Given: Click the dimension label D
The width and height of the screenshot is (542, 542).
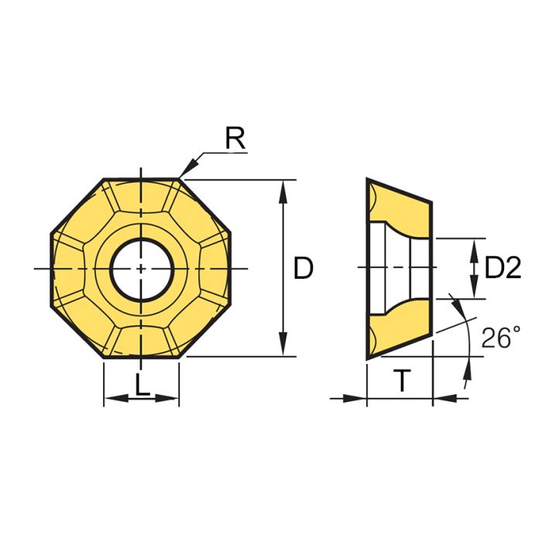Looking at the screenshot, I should click(x=304, y=269).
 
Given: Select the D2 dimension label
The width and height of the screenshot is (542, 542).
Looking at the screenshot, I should click(x=503, y=268).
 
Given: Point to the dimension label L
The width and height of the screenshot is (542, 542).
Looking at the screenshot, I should click(x=142, y=386).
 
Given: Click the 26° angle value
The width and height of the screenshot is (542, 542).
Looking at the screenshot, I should click(x=500, y=338).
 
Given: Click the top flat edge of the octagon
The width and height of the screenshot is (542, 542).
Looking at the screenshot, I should click(x=141, y=180).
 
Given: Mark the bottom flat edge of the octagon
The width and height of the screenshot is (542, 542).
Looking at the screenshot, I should click(x=141, y=358).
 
